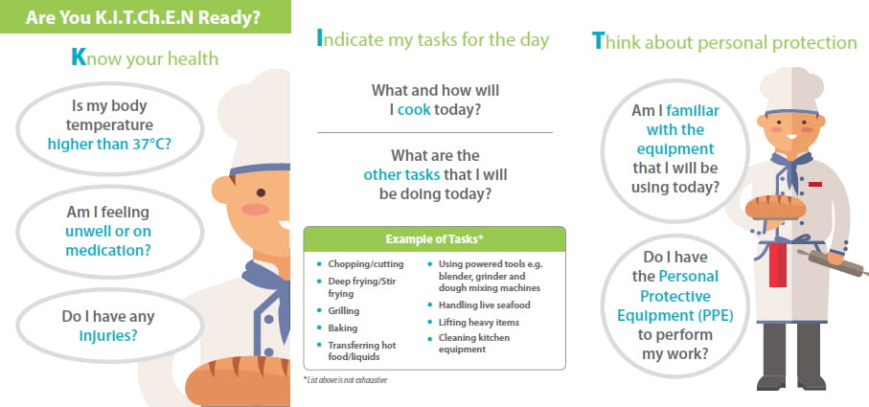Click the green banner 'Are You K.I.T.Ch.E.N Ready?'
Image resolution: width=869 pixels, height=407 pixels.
(146, 16)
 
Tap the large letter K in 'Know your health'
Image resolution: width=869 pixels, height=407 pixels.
(79, 57)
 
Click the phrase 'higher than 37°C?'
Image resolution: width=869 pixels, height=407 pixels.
(109, 144)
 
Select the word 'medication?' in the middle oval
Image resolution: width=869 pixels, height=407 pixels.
(108, 250)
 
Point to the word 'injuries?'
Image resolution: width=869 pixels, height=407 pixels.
(108, 335)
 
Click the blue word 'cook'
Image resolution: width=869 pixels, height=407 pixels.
(414, 109)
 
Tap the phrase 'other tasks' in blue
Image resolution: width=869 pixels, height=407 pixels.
(401, 175)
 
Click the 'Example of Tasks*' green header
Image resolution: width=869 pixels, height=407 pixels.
(435, 239)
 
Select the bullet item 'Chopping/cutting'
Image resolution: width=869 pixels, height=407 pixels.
(366, 264)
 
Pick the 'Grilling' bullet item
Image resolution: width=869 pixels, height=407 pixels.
(344, 310)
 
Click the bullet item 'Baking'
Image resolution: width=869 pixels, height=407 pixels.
(342, 328)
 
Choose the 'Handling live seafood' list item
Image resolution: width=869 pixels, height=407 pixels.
(485, 305)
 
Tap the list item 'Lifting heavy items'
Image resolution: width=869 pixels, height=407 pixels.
(479, 323)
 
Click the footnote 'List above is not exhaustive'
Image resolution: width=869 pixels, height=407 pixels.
(345, 380)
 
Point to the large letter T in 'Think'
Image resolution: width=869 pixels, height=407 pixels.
(598, 41)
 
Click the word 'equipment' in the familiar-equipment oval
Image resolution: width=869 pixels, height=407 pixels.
(675, 149)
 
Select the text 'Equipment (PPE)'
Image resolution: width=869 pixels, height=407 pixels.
(675, 316)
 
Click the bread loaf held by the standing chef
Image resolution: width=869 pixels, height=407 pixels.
(775, 207)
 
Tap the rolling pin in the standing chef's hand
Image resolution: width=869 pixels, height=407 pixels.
(833, 262)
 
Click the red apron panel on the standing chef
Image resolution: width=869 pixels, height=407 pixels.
(778, 264)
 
